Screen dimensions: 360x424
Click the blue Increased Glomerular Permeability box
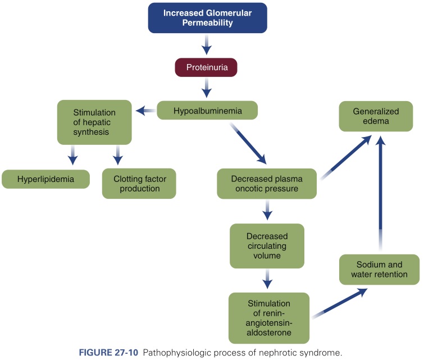coord(207,18)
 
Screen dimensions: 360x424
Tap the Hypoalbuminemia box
coord(207,110)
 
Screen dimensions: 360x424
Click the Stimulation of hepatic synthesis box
coord(94,122)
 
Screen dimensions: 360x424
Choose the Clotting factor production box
coord(139,184)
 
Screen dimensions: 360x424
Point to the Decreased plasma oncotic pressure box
coord(267,184)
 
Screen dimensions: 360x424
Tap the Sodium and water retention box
coord(380,269)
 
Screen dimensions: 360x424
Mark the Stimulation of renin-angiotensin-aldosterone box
coord(268,317)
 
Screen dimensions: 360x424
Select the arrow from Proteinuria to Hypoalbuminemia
coord(207,88)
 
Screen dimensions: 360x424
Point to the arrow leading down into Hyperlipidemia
coord(72,156)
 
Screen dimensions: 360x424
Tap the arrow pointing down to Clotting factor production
coord(117,156)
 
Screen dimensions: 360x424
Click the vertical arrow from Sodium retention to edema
coord(381,191)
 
